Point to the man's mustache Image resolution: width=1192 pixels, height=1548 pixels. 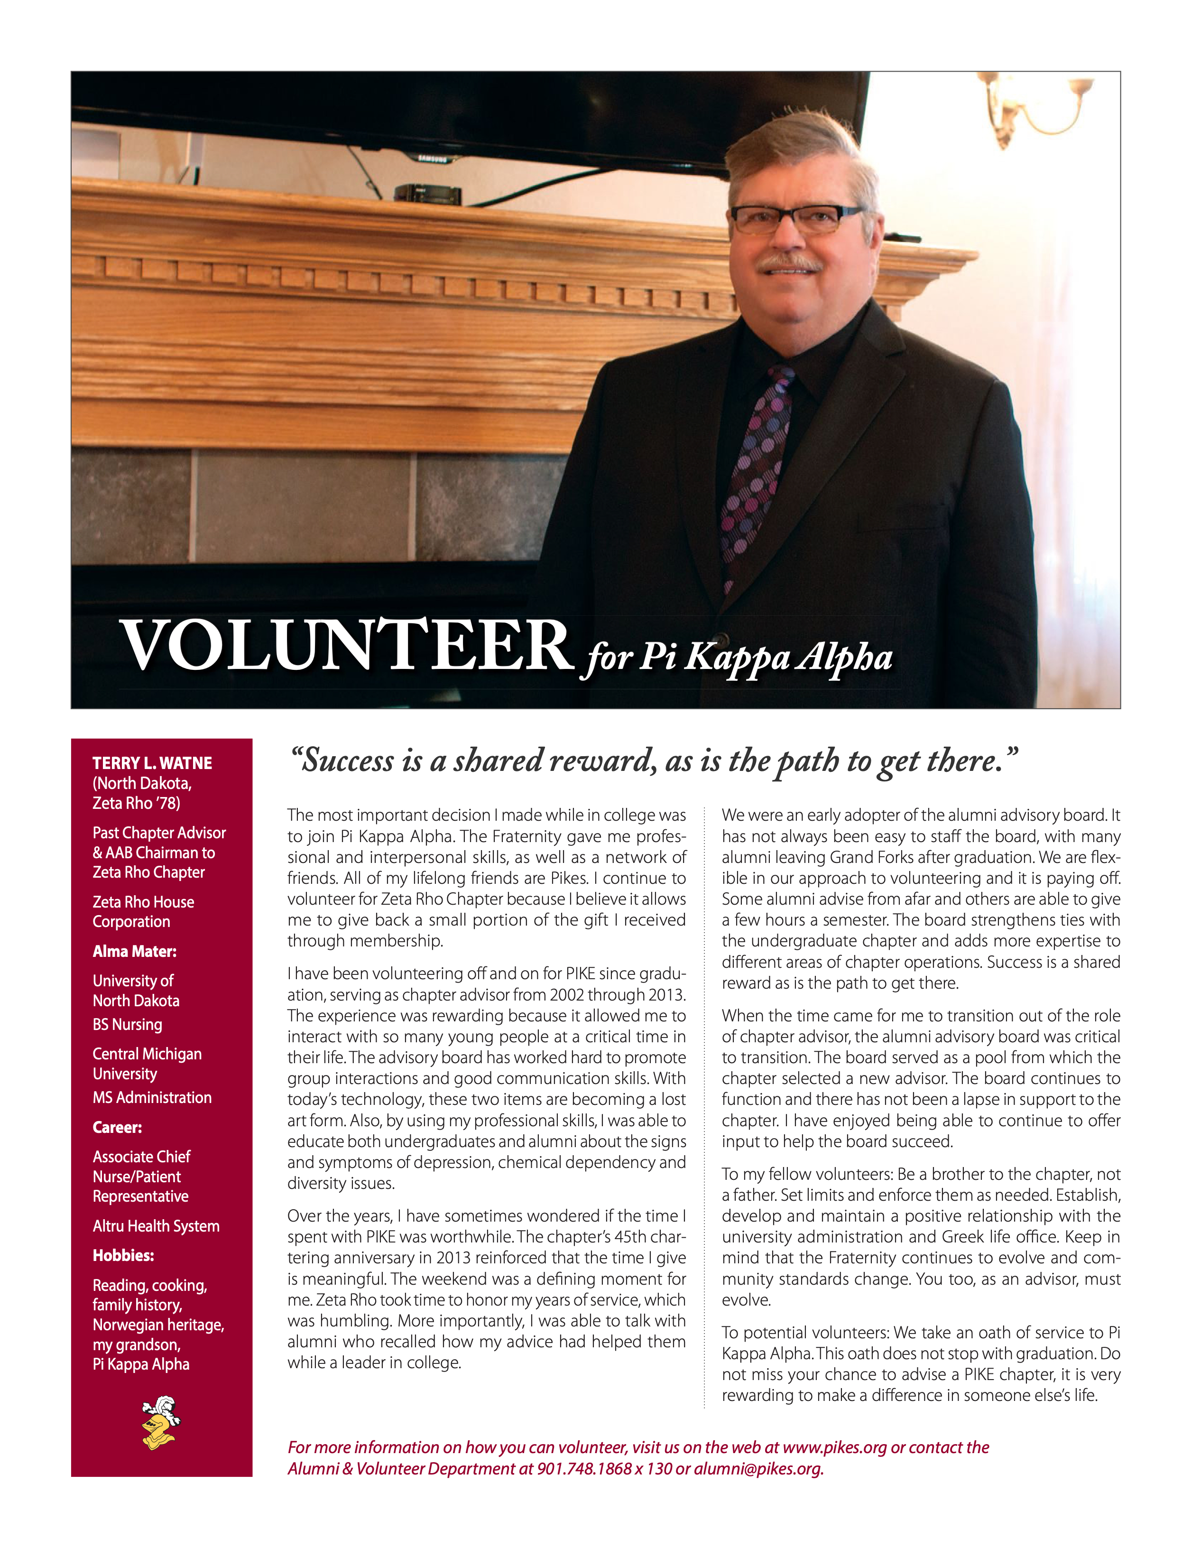pyautogui.click(x=787, y=262)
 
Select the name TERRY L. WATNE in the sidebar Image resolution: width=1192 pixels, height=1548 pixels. pyautogui.click(x=152, y=763)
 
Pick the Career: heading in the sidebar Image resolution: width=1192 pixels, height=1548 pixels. pyautogui.click(x=117, y=1127)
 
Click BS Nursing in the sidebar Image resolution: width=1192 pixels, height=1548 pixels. pyautogui.click(x=128, y=1024)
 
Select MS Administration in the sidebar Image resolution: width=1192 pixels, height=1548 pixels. pyautogui.click(x=152, y=1097)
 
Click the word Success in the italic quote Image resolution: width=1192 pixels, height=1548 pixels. pyautogui.click(x=347, y=760)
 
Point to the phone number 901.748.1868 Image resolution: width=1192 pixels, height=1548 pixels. pyautogui.click(x=584, y=1469)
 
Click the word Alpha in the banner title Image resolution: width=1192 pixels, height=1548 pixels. pyautogui.click(x=843, y=658)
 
